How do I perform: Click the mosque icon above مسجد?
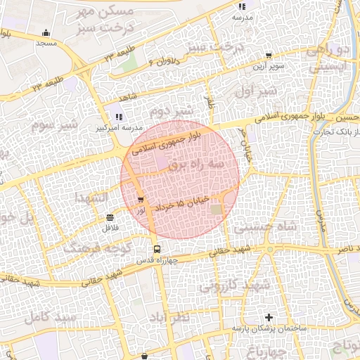[x=46, y=32]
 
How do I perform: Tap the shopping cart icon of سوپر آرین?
[x=269, y=55]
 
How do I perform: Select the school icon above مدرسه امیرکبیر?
[x=118, y=117]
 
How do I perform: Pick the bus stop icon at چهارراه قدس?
[x=156, y=249]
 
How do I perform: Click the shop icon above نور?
[x=143, y=200]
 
